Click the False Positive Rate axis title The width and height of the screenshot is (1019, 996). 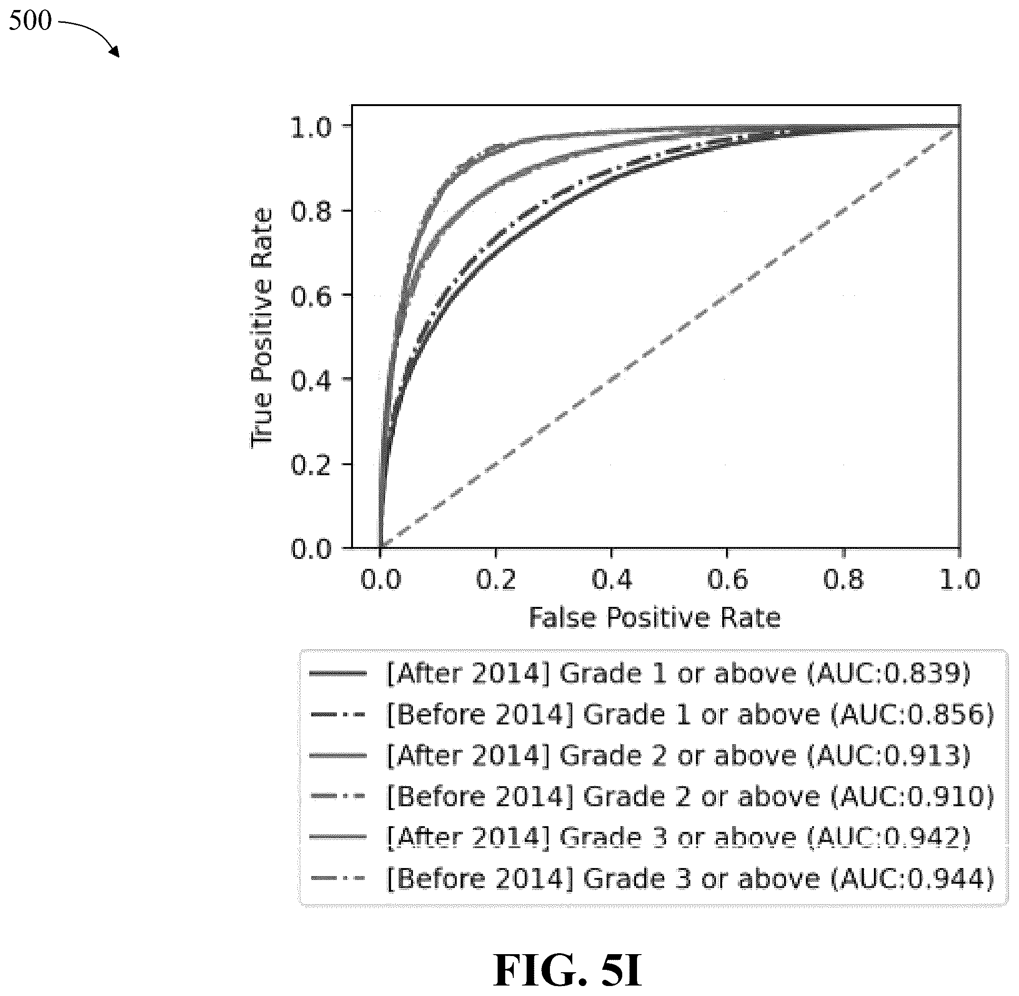pyautogui.click(x=655, y=618)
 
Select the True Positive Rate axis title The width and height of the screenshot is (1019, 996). pyautogui.click(x=262, y=328)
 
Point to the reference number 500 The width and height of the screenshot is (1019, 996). pyautogui.click(x=30, y=21)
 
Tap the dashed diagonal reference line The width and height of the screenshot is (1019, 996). pyautogui.click(x=669, y=337)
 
